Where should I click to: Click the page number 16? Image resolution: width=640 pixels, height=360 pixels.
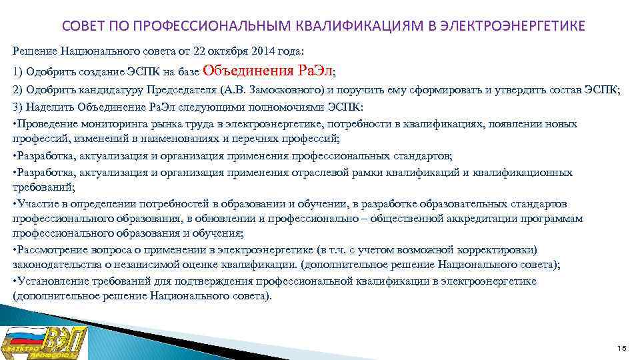click(x=621, y=349)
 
